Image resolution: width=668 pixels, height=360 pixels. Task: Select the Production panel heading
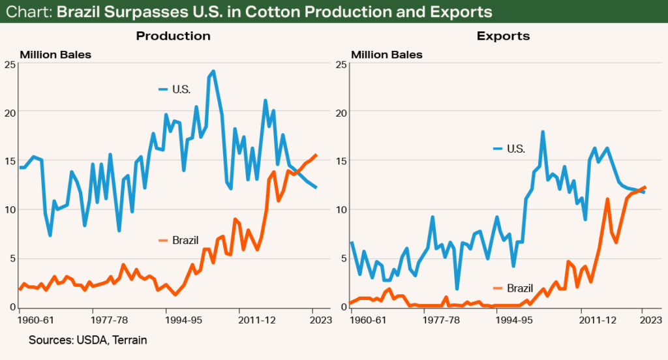coord(173,36)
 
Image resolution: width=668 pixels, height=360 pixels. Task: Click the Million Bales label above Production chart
coord(55,54)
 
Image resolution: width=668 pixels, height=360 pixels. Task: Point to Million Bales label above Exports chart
coord(387,54)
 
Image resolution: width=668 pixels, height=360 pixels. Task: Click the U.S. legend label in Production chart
coord(181,89)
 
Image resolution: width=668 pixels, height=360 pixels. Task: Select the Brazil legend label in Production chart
coord(185,241)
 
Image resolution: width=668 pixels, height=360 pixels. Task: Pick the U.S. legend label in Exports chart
coord(516,149)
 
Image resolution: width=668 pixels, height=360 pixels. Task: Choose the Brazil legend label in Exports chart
coord(520,288)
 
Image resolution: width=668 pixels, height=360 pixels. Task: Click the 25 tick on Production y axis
coord(10,65)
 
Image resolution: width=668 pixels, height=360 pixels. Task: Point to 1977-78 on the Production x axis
coord(109,321)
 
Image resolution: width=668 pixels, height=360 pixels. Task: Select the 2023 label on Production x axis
coord(312,321)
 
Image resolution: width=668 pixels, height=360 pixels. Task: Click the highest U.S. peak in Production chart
coord(213,71)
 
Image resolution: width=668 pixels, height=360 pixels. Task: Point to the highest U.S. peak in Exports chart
coord(542,132)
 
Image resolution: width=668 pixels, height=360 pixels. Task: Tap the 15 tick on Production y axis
coord(10,161)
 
